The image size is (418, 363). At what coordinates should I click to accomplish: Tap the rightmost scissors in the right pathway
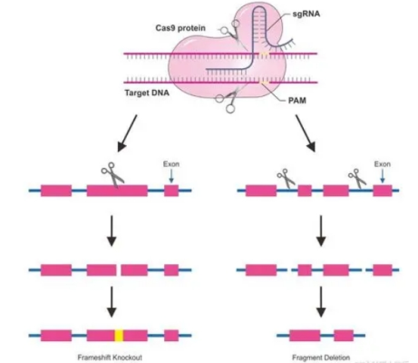(356, 178)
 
